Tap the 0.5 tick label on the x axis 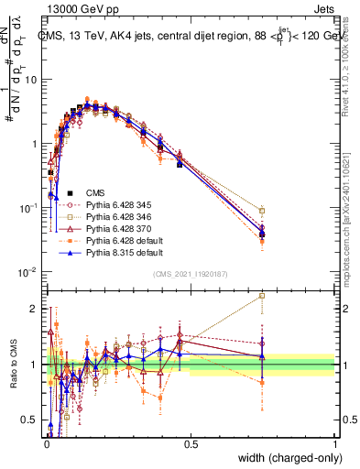[x=191, y=443]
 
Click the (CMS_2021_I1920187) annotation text [x=190, y=273]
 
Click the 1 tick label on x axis [x=333, y=443]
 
